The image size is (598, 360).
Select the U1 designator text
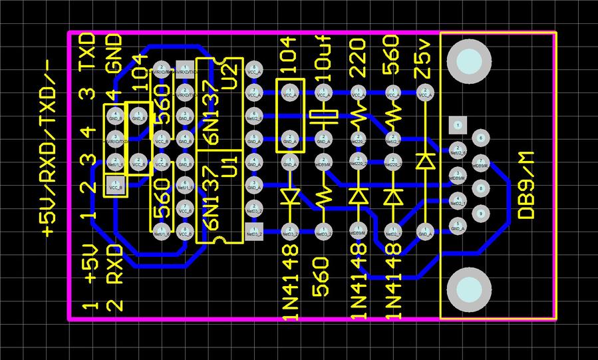(228, 166)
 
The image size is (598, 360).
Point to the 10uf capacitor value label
(323, 59)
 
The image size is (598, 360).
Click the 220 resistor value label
(358, 59)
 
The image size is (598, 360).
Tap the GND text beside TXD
(114, 53)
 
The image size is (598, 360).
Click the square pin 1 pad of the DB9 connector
(456, 124)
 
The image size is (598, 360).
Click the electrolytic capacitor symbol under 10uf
(323, 118)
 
